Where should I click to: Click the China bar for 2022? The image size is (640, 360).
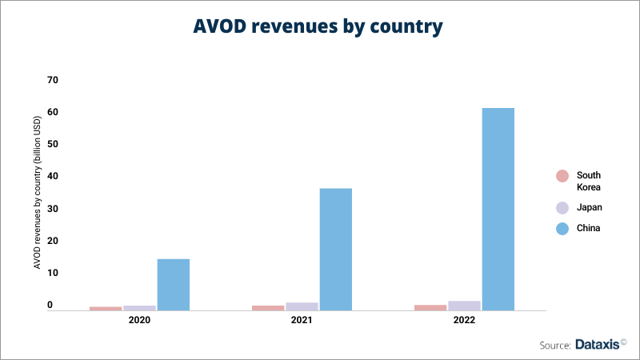tap(498, 209)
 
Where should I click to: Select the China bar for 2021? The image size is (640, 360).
tap(335, 249)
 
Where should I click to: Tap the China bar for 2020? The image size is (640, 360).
tap(173, 284)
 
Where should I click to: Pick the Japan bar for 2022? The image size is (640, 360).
tap(464, 306)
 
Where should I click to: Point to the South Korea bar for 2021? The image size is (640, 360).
tap(268, 308)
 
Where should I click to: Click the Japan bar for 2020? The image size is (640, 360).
tap(139, 308)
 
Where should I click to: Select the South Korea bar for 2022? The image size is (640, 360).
tap(430, 307)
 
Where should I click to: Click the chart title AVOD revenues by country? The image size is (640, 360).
tap(318, 26)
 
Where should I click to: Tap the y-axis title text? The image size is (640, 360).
tap(37, 192)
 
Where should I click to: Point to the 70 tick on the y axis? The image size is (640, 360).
tap(53, 80)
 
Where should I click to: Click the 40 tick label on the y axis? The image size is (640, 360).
tap(53, 176)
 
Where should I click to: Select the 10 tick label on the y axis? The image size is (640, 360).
tap(53, 273)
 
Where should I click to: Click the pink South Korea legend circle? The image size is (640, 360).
tap(562, 176)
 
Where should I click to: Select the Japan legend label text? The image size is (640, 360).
tap(590, 207)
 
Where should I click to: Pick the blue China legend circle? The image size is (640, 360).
tap(562, 228)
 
